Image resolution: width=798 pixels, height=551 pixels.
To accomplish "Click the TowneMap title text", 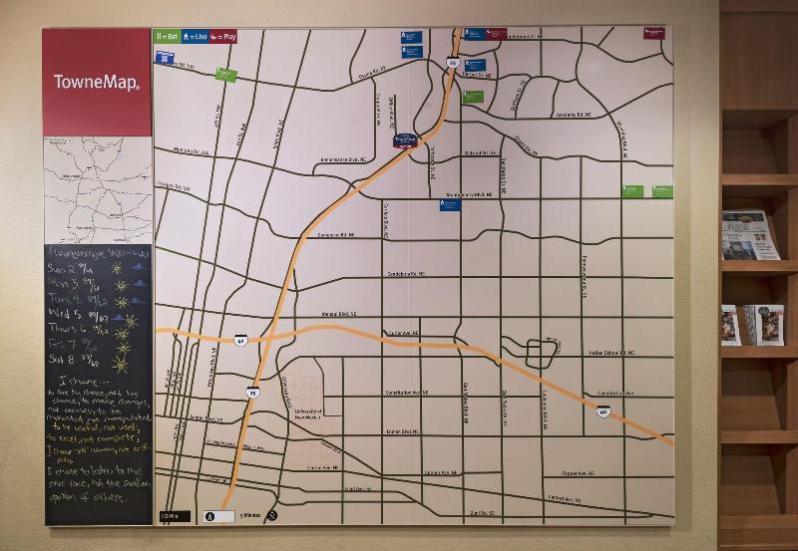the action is [x=96, y=82].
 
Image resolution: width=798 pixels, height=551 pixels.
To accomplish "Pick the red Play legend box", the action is [x=223, y=37].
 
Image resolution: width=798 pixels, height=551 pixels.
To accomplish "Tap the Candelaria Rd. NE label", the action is [x=405, y=273].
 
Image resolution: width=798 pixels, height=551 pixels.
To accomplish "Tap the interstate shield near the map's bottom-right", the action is [x=602, y=411].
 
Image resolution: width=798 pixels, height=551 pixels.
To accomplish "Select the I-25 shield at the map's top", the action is [x=453, y=63].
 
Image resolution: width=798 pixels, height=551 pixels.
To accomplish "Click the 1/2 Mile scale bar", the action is [x=175, y=516].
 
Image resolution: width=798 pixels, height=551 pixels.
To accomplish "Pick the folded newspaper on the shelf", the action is [x=749, y=235].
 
